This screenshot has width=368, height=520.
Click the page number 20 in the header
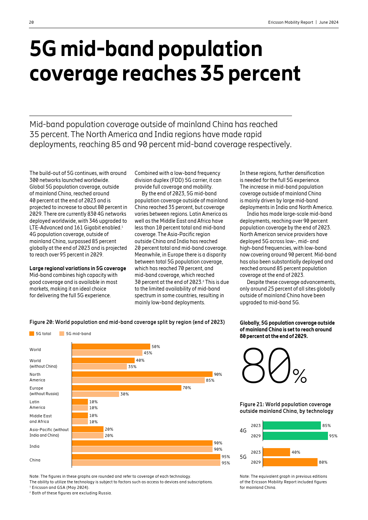tap(32, 22)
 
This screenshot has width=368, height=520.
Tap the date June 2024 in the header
tap(329, 22)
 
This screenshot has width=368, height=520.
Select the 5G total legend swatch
tap(32, 334)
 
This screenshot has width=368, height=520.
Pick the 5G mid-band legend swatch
tap(62, 334)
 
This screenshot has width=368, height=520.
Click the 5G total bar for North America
tap(142, 374)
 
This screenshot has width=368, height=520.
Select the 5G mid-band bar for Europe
tap(95, 394)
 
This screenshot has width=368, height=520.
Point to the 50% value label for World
tap(156, 347)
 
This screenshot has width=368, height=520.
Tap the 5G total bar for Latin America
tap(80, 402)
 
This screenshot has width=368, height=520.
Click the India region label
tap(34, 446)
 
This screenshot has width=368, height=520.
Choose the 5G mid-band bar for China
tap(146, 463)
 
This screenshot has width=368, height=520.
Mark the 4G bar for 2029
tap(295, 436)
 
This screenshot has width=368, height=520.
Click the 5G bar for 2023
tap(276, 452)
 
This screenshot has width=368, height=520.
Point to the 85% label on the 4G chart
tap(326, 425)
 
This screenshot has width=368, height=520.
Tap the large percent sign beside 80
tap(300, 376)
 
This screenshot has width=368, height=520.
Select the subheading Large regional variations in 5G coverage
tap(78, 268)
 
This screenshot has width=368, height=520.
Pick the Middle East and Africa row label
tap(40, 419)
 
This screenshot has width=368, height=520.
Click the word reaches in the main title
tap(160, 73)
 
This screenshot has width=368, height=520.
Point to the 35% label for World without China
tap(132, 367)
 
